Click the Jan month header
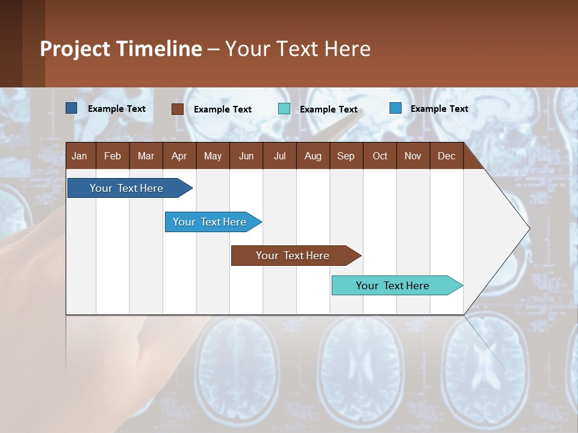(x=79, y=156)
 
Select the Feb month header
(x=113, y=156)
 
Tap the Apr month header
(x=179, y=156)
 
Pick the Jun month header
(x=246, y=156)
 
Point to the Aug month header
(x=312, y=156)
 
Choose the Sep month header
(x=346, y=156)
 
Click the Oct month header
(x=380, y=156)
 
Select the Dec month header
(x=446, y=156)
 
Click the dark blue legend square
(x=71, y=108)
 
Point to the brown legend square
(x=177, y=109)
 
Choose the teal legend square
(x=284, y=109)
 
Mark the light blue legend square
(x=395, y=108)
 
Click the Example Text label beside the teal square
(x=328, y=109)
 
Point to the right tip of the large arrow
(x=529, y=229)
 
